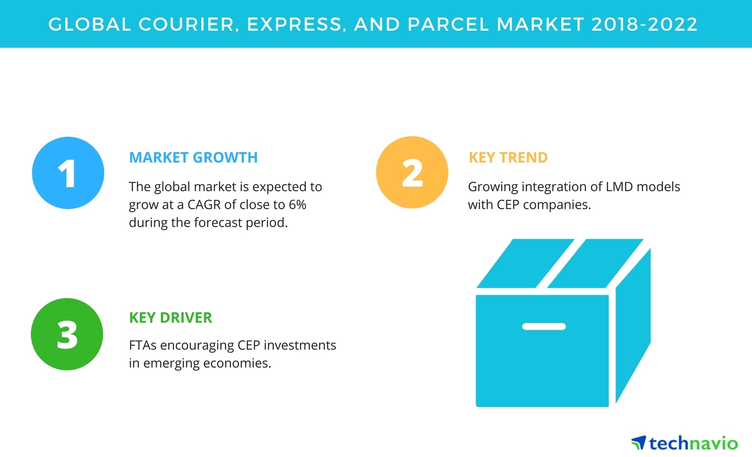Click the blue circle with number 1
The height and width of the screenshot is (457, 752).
(x=68, y=172)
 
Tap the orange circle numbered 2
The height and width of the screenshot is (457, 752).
(x=412, y=172)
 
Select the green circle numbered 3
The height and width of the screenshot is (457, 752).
(x=67, y=334)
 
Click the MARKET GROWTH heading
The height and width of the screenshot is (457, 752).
(x=194, y=157)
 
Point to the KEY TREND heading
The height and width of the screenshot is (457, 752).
(x=508, y=157)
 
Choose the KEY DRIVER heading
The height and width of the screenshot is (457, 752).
(x=171, y=318)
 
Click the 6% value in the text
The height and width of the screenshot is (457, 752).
(x=298, y=204)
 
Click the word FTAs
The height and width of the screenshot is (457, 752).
(x=143, y=345)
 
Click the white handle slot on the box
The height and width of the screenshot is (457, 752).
(x=544, y=327)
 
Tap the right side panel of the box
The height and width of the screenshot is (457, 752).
(x=633, y=325)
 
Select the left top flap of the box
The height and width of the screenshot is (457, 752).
(x=525, y=263)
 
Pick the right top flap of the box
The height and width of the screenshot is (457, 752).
(x=595, y=263)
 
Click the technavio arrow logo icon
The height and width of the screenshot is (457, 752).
(x=639, y=442)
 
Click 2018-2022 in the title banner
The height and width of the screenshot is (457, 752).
(x=645, y=24)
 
